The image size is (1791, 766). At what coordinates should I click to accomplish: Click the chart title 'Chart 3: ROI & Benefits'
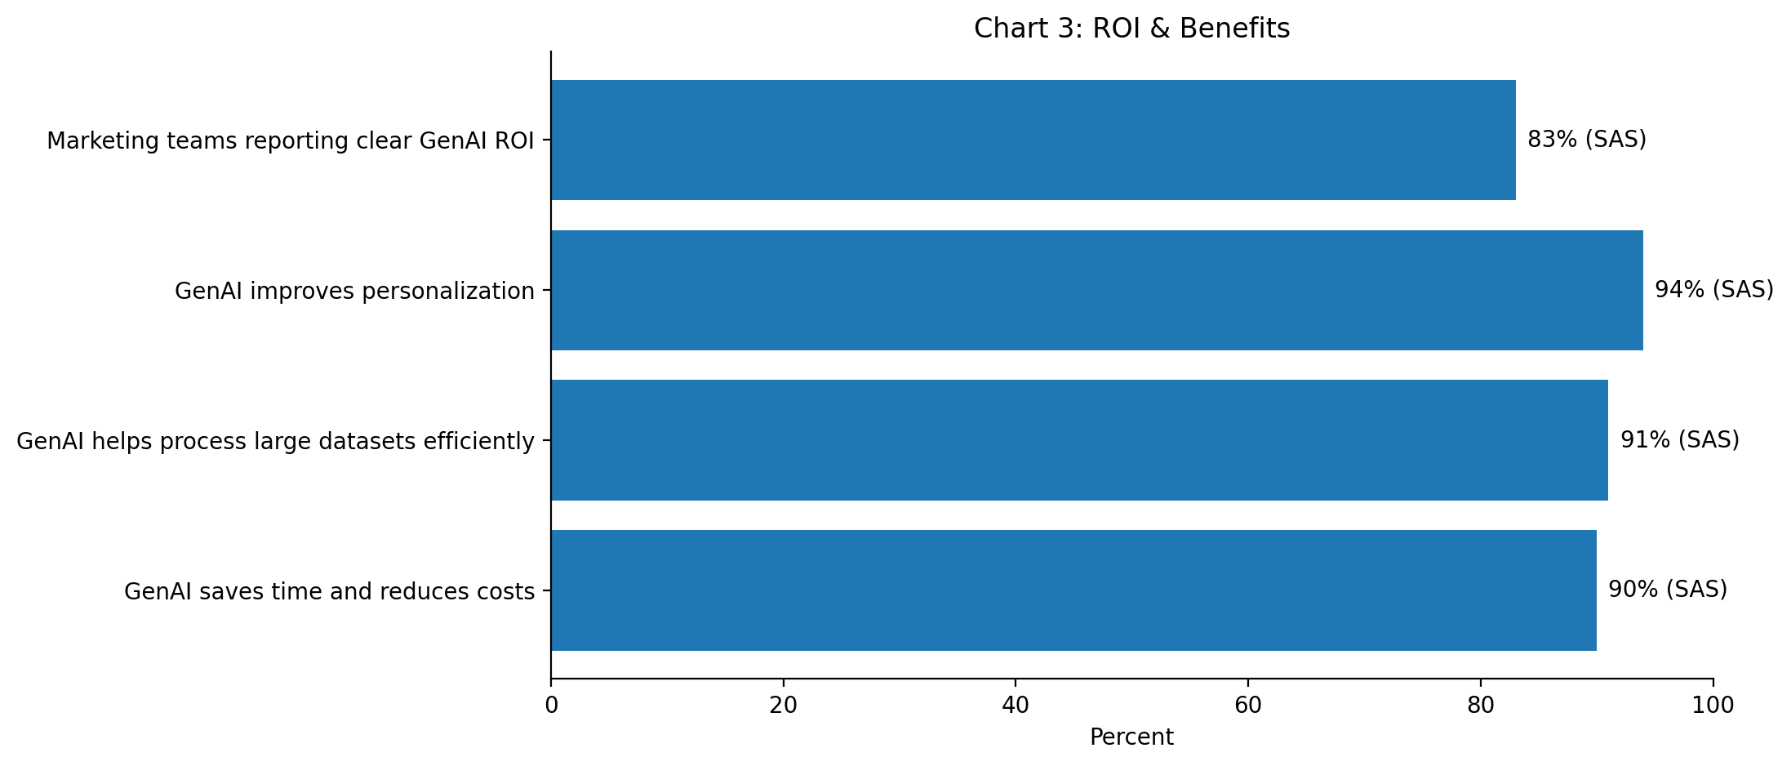pos(1131,29)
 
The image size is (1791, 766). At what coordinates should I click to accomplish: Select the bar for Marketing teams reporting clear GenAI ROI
pos(1033,140)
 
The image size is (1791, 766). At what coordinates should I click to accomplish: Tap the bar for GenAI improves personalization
pos(1097,290)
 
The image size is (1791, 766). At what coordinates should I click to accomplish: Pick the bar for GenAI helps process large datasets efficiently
pos(1080,440)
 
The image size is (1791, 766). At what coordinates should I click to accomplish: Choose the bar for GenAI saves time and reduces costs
pos(1074,590)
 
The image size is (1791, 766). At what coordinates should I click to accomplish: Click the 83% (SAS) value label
pos(1587,140)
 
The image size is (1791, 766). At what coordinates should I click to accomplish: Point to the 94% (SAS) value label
pos(1714,290)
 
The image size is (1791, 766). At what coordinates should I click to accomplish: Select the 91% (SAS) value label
pos(1680,440)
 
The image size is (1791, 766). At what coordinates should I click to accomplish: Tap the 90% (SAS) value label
pos(1668,590)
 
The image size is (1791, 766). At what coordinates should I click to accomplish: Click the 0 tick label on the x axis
pos(551,706)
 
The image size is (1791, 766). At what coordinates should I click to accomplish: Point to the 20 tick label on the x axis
pos(784,706)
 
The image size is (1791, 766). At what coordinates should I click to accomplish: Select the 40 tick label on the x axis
pos(1015,706)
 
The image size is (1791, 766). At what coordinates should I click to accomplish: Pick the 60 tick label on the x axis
pos(1248,706)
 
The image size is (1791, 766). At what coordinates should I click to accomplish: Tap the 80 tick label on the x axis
pos(1481,706)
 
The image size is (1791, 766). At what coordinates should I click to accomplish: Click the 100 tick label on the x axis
pos(1713,706)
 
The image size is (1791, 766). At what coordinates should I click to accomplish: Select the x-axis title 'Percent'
pos(1131,737)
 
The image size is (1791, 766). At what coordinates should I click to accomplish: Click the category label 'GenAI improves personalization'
pos(354,291)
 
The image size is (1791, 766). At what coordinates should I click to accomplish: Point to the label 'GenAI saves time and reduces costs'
pos(329,591)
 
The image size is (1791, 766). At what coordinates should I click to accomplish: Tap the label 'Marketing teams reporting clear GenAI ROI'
pos(291,140)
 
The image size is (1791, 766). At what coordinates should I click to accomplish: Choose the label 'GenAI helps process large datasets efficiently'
pos(275,441)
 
